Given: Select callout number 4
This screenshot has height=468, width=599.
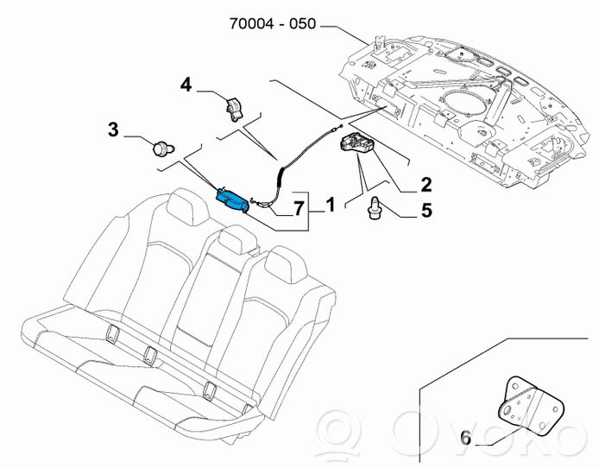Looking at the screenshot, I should click(186, 85).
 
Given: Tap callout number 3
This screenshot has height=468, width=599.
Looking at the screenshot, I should click(113, 130).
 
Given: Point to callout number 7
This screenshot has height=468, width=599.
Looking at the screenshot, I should click(298, 208).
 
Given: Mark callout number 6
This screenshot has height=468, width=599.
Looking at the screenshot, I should click(465, 439).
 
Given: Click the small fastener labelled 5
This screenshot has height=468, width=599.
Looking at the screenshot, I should click(375, 206).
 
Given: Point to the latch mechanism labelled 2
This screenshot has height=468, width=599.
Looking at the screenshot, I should click(356, 147).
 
